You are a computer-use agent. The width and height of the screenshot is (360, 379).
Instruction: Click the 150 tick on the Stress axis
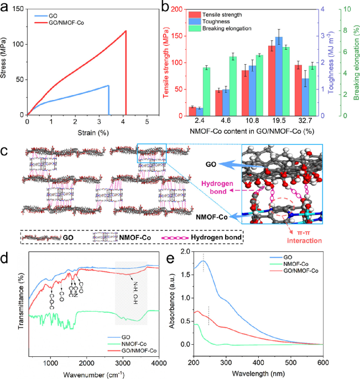18,9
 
